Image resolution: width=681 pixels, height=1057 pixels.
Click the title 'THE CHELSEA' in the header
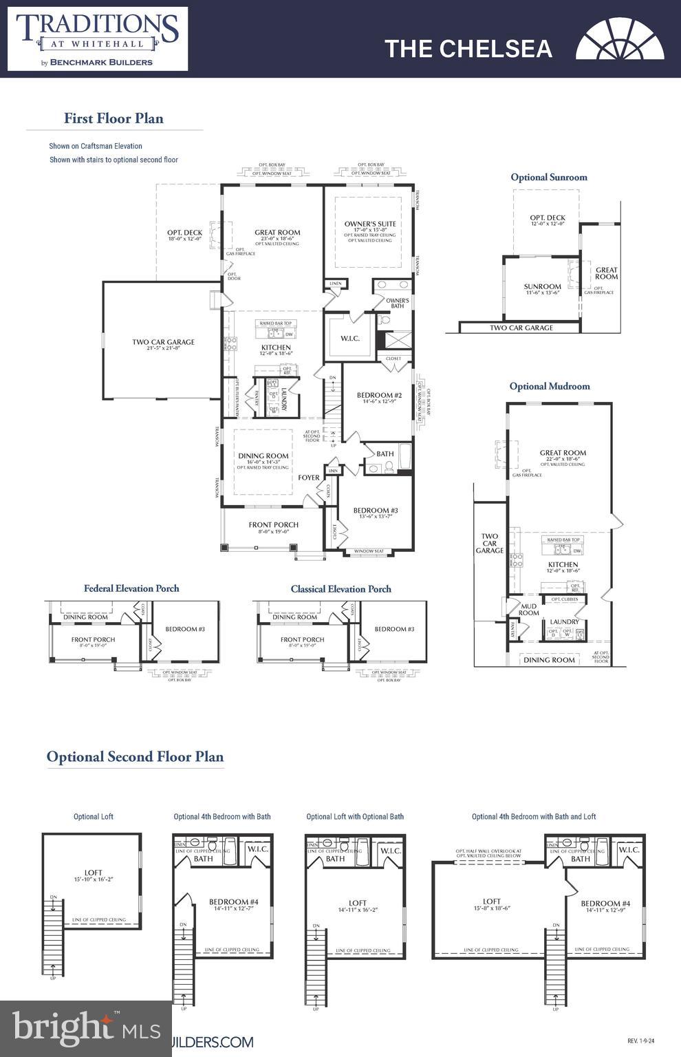(468, 49)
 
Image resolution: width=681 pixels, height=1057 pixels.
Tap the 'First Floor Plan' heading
(113, 118)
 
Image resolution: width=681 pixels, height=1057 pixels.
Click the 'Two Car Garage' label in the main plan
(163, 342)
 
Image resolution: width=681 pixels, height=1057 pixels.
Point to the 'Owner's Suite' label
(370, 224)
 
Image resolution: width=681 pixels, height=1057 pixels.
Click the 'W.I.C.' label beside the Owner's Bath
(350, 339)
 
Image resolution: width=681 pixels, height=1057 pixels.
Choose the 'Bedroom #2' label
(379, 396)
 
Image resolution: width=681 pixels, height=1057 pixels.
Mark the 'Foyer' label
(308, 478)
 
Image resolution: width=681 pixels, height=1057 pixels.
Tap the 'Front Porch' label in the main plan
(274, 525)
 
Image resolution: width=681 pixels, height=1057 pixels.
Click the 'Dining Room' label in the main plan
(263, 456)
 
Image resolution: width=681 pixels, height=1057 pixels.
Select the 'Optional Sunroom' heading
(549, 178)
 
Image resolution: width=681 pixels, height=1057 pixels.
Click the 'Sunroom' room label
(542, 287)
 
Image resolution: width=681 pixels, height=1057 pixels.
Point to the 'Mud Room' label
(528, 610)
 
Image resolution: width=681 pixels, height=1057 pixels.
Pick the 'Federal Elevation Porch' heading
(131, 588)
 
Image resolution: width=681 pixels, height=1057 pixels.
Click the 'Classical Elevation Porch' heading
(340, 589)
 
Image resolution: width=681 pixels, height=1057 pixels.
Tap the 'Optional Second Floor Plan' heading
(135, 757)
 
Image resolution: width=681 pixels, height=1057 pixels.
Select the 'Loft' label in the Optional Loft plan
(94, 873)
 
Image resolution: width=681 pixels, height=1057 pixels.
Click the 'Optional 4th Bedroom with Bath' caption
(222, 817)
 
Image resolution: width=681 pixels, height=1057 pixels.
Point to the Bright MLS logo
(84, 1028)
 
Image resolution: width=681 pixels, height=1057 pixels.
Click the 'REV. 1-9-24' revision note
(643, 1041)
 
